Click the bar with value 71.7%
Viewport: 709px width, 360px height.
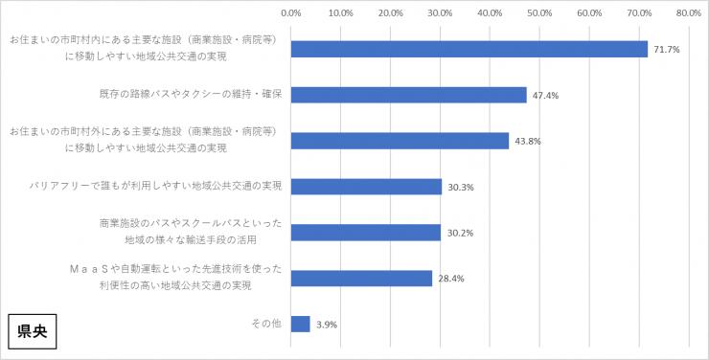tap(469, 49)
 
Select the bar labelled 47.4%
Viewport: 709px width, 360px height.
tap(408, 95)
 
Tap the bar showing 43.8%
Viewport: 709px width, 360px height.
tap(400, 141)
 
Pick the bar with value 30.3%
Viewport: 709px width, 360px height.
tap(366, 187)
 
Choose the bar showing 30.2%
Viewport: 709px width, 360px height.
tap(365, 233)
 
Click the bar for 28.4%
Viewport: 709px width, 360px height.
tap(361, 279)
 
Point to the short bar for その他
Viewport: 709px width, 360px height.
tap(300, 325)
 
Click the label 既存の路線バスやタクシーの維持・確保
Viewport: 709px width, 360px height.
tap(183, 95)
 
